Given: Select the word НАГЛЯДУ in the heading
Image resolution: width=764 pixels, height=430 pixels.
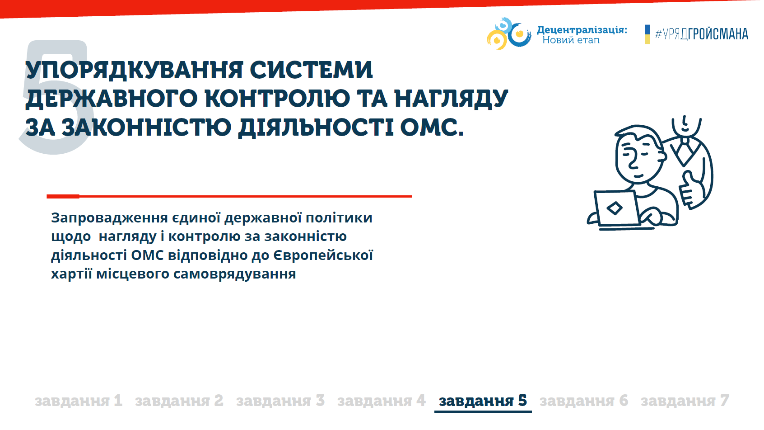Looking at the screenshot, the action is (x=451, y=99).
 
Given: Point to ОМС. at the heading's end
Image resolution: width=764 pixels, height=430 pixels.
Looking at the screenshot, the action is (x=432, y=127).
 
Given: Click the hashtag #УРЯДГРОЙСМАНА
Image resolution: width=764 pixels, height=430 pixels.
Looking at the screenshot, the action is (x=702, y=34).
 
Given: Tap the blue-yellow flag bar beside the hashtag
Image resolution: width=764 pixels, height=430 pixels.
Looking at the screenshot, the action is (x=647, y=34).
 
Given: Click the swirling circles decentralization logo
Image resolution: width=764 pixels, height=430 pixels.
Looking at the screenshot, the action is (x=509, y=33).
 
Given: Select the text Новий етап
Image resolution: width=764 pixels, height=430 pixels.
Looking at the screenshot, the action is (x=571, y=40).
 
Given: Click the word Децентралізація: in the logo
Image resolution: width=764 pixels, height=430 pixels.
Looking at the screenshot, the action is (x=582, y=30).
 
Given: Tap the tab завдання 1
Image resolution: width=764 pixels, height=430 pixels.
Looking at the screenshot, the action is (x=79, y=401).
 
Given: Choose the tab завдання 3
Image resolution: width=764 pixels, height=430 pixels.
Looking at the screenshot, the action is (x=280, y=401).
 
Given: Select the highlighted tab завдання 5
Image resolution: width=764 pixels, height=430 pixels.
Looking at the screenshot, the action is (x=483, y=401).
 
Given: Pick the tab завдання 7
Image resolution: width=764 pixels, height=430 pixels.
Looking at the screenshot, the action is (x=685, y=401).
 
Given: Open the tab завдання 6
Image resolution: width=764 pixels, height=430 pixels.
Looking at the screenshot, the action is (x=584, y=401).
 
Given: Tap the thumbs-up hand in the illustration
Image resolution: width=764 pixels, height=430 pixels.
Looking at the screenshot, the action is (x=691, y=189).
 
